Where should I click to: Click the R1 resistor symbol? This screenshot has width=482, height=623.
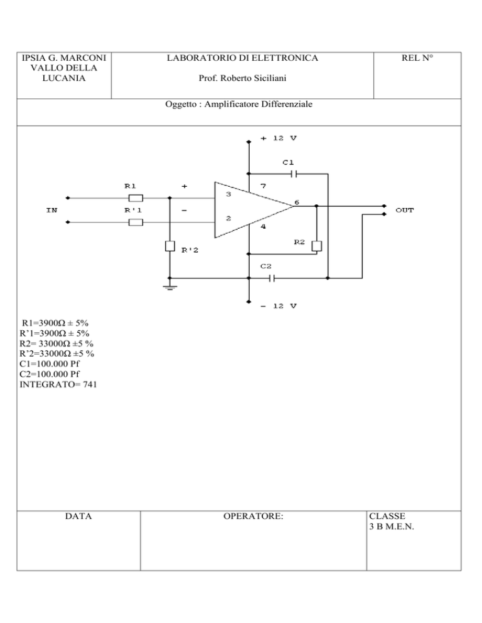(136, 198)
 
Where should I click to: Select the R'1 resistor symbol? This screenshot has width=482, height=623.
(136, 222)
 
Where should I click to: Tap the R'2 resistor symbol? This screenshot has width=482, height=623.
(170, 246)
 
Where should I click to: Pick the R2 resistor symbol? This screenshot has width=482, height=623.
(317, 246)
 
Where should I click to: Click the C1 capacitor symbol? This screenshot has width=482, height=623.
(294, 174)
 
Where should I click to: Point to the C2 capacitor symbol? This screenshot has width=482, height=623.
(272, 278)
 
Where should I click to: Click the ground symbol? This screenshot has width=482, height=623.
(170, 287)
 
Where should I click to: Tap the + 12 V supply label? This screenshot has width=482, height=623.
(279, 139)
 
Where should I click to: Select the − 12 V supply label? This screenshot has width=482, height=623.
(279, 306)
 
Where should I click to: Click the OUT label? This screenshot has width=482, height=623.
(405, 210)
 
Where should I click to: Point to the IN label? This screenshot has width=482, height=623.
(51, 210)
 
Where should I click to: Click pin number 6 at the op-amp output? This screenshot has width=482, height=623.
(296, 202)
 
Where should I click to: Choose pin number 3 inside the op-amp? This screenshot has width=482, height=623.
(228, 194)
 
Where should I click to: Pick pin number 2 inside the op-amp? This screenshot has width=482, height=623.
(228, 218)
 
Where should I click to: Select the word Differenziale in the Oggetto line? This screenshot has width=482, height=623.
(287, 104)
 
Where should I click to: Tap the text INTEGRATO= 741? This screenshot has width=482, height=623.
(58, 384)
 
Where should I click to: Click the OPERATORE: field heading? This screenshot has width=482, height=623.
(253, 516)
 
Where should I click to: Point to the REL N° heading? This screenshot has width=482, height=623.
(417, 58)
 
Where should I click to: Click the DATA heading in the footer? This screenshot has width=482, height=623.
(78, 516)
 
